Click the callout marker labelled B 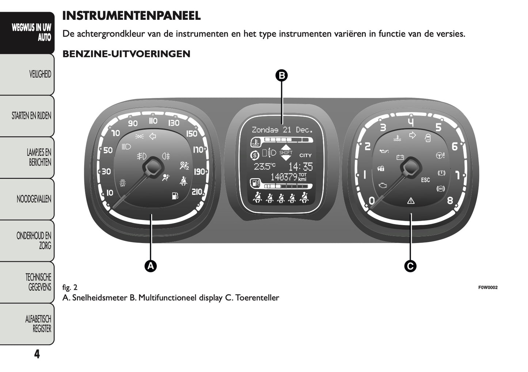tap(281, 76)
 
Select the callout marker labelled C tap(410, 266)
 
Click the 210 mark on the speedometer tap(197, 191)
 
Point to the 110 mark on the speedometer tap(153, 121)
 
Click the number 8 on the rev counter tap(450, 200)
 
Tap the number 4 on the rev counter tap(411, 122)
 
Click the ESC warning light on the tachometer tap(425, 180)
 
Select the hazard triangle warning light tap(411, 200)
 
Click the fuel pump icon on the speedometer tap(175, 196)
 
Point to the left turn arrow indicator tap(153, 136)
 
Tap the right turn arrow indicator tap(413, 136)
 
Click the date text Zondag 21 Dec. tap(282, 130)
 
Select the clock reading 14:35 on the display tap(300, 167)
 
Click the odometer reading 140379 tap(284, 177)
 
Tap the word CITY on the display tap(305, 155)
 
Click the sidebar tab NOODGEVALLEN tap(34, 200)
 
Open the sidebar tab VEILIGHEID tap(40, 75)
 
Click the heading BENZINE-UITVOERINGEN tap(126, 54)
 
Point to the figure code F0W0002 tap(488, 288)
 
